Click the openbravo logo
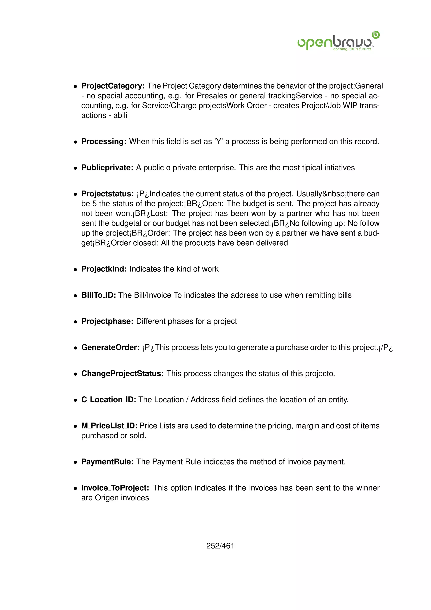click(338, 41)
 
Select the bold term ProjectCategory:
click(113, 86)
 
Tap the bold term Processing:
click(104, 141)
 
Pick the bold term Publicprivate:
click(107, 168)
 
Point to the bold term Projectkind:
click(104, 269)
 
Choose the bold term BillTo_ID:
click(98, 295)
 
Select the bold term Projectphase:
click(107, 321)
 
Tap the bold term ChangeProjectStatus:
click(122, 373)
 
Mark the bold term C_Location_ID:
click(109, 400)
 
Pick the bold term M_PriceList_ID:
click(109, 426)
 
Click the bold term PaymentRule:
click(107, 462)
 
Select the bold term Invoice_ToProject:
click(115, 488)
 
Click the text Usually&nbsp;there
click(338, 194)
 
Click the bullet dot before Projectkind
click(76, 269)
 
